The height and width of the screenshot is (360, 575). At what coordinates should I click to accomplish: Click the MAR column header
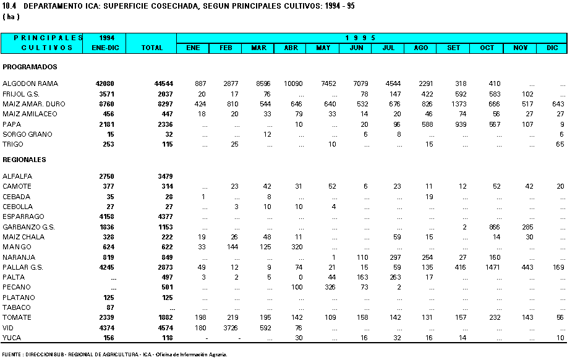[x=258, y=48]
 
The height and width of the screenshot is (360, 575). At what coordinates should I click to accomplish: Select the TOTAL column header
[x=152, y=48]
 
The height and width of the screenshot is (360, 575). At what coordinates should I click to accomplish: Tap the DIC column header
[x=552, y=48]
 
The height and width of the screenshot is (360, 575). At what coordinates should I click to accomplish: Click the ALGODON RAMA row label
[x=30, y=84]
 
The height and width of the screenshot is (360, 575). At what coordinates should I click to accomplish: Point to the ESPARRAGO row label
[x=23, y=217]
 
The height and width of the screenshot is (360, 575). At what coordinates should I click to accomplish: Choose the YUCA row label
[x=12, y=338]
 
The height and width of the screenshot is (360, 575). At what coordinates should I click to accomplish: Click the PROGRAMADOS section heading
[x=30, y=67]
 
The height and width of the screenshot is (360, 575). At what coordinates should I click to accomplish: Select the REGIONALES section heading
[x=24, y=160]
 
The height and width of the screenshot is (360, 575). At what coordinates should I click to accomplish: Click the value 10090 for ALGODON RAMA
[x=293, y=84]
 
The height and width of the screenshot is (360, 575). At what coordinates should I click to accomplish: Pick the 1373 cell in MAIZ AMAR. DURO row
[x=459, y=104]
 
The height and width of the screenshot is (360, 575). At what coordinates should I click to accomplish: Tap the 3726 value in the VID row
[x=231, y=328]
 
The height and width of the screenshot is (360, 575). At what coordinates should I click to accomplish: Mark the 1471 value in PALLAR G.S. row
[x=493, y=267]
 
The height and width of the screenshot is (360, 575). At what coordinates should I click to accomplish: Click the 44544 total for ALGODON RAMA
[x=164, y=84]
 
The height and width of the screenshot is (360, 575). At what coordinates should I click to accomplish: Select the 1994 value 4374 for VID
[x=107, y=328]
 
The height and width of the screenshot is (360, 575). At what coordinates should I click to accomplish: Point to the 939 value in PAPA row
[x=461, y=125]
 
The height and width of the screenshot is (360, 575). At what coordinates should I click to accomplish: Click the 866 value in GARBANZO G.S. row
[x=495, y=227]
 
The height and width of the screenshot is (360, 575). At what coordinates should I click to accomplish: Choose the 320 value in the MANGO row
[x=297, y=247]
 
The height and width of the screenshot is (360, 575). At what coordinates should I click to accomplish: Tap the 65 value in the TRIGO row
[x=560, y=145]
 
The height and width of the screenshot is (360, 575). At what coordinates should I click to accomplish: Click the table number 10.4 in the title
[x=9, y=6]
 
